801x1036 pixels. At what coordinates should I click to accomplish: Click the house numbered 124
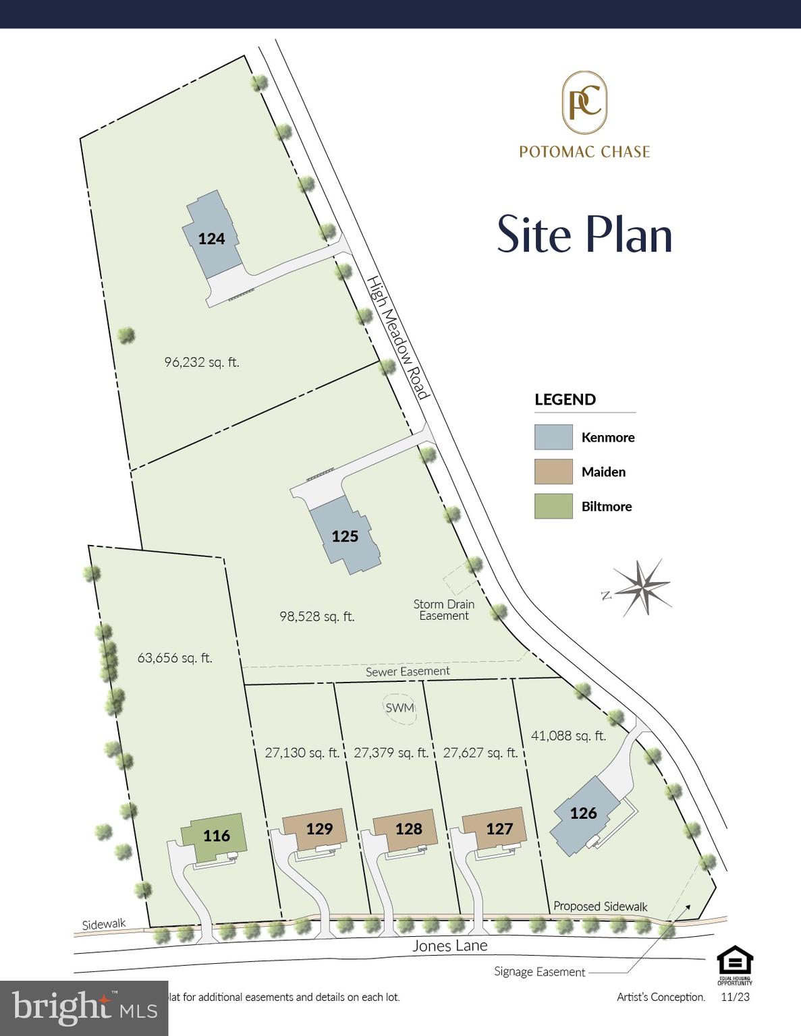[211, 238]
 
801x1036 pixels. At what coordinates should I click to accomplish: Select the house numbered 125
[345, 536]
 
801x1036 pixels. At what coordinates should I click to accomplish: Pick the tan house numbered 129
[318, 829]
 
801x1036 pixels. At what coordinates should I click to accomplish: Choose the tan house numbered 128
[408, 829]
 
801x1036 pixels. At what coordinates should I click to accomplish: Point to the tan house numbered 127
[497, 829]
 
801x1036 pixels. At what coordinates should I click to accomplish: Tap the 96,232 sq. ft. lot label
[202, 362]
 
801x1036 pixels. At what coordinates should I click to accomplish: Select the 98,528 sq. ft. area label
[316, 616]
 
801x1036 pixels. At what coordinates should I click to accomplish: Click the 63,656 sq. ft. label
[175, 658]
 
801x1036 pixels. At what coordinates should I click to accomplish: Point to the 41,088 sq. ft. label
[568, 736]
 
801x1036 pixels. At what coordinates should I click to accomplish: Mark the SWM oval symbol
[399, 708]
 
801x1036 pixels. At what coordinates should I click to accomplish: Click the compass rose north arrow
[641, 587]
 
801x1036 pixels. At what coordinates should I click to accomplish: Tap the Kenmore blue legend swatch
[553, 437]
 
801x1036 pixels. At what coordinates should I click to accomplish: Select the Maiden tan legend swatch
[553, 472]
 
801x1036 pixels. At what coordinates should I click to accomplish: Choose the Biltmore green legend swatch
[553, 507]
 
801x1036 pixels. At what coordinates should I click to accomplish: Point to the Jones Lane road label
[449, 946]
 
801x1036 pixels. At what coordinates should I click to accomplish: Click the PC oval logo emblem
[584, 103]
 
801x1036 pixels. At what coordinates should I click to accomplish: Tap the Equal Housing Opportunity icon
[734, 965]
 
